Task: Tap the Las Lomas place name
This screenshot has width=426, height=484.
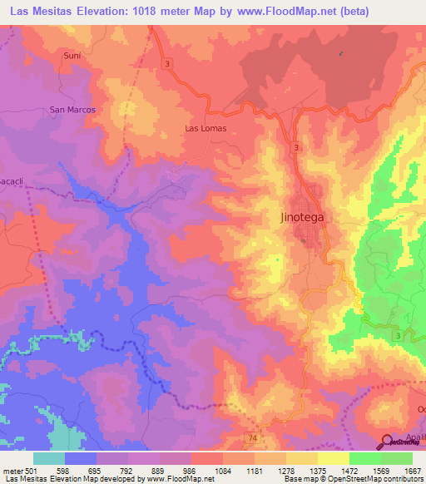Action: click(x=205, y=129)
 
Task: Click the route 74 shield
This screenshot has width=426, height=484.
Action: click(x=251, y=436)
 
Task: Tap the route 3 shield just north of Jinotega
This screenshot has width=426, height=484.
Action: click(x=295, y=147)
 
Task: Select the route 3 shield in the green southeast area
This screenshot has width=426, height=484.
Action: click(x=398, y=334)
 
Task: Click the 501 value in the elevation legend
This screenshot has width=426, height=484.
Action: click(x=30, y=471)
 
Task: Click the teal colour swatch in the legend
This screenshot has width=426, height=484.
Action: click(x=49, y=458)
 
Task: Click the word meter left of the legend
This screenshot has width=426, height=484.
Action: click(x=12, y=471)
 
